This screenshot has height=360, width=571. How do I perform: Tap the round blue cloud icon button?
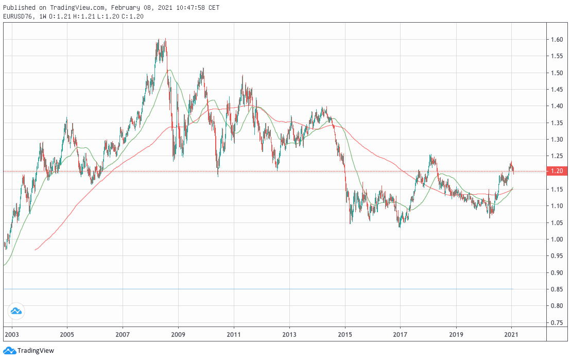click(15, 311)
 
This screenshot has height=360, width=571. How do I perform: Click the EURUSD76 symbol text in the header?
click(18, 16)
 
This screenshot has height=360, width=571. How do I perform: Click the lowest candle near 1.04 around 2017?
click(400, 227)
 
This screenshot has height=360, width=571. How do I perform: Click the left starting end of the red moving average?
click(35, 250)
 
